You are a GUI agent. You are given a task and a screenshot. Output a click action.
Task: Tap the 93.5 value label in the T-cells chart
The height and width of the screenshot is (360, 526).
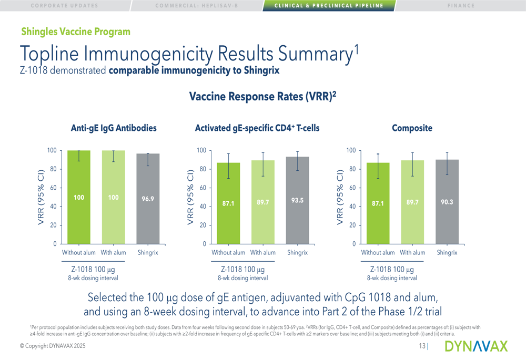point(297,200)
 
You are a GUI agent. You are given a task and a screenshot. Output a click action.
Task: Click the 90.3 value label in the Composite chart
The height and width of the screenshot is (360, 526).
point(447,201)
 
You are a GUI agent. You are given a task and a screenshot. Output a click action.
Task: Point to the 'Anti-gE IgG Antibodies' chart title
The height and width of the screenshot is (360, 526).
point(114,128)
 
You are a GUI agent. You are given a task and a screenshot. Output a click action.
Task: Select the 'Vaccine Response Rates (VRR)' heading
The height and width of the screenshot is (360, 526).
point(262,97)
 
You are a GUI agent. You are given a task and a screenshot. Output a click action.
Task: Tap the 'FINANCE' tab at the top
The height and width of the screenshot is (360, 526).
point(461,6)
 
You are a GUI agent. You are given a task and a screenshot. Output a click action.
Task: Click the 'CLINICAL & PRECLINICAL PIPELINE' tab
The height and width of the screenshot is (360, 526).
point(329,6)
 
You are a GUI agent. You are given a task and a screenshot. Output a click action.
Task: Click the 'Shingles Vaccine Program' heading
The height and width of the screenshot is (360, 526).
point(76,32)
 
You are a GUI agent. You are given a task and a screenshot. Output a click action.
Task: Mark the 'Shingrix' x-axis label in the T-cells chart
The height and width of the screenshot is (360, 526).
point(297,253)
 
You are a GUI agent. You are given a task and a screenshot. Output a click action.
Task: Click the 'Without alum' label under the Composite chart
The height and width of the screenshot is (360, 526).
point(378,253)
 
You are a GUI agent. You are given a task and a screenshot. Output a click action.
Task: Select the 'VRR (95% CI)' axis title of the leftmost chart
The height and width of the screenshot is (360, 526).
point(42,197)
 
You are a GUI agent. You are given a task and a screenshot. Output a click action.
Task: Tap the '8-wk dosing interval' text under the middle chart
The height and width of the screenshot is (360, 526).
point(242,278)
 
